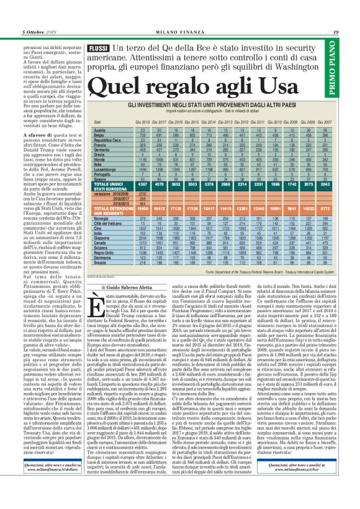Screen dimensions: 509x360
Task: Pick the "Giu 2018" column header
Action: click(143, 123)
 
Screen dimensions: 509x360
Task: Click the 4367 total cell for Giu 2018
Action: click(143, 202)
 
